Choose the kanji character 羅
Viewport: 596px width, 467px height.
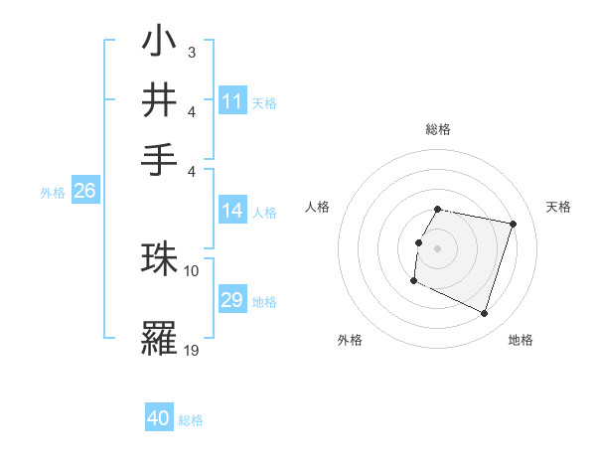(159, 339)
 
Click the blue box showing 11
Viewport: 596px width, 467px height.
(232, 101)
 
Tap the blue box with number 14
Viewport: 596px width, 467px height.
(232, 210)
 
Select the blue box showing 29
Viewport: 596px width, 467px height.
(232, 300)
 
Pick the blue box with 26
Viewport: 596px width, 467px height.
(84, 192)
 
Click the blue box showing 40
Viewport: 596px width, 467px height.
(159, 418)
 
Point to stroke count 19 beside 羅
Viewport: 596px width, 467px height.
(192, 349)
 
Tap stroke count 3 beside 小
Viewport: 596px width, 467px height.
(191, 50)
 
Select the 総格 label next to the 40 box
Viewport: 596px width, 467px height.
(191, 420)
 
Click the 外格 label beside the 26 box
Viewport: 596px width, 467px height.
(53, 194)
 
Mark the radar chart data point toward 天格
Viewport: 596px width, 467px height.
(513, 225)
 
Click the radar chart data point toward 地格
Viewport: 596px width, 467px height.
(484, 314)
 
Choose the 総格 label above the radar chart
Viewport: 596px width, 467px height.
(438, 129)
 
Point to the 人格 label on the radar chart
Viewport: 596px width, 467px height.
(318, 207)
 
